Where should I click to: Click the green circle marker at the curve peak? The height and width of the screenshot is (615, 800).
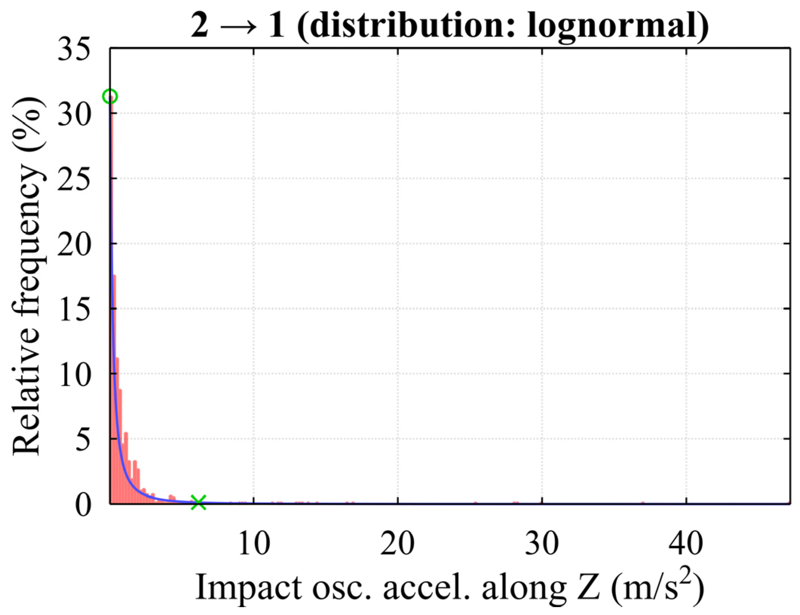tap(110, 97)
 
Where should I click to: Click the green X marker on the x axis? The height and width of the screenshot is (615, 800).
tap(198, 502)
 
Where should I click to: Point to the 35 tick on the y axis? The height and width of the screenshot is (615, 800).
tap(74, 50)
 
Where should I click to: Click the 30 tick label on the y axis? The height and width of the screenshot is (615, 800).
tap(74, 115)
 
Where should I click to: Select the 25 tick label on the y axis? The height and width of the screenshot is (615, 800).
tap(74, 180)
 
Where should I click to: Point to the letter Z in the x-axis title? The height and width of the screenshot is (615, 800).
tap(588, 587)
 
